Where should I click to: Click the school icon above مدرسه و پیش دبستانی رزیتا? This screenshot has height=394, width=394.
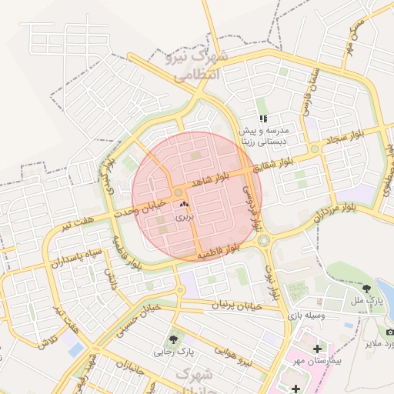[x=263, y=119]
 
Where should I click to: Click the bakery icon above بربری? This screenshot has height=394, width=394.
[x=183, y=205]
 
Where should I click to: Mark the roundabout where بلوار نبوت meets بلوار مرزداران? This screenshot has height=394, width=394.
[x=265, y=241]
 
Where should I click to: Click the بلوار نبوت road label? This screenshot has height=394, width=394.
[x=271, y=281]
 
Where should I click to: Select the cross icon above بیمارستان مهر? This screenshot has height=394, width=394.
[x=317, y=348]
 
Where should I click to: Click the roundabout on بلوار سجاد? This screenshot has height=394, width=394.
[x=315, y=149]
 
